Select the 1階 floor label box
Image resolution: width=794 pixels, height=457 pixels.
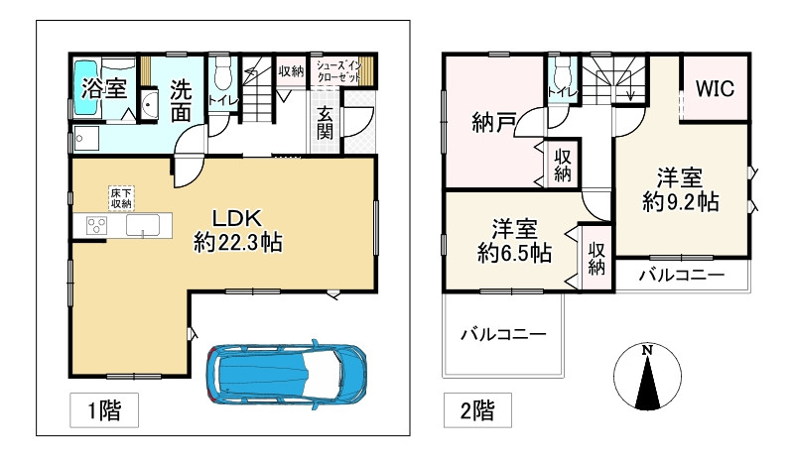97,408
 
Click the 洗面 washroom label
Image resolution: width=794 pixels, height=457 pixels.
181,99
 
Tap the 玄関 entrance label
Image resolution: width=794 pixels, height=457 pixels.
326,123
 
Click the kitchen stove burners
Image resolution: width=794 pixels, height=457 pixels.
97,225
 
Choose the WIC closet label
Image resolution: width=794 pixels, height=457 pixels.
714,88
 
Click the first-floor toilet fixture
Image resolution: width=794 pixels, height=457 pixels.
220,77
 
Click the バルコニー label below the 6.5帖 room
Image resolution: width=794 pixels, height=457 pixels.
502,335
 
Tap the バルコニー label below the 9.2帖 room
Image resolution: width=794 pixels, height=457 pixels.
680,274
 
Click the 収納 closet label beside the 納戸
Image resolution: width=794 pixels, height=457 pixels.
562,165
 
